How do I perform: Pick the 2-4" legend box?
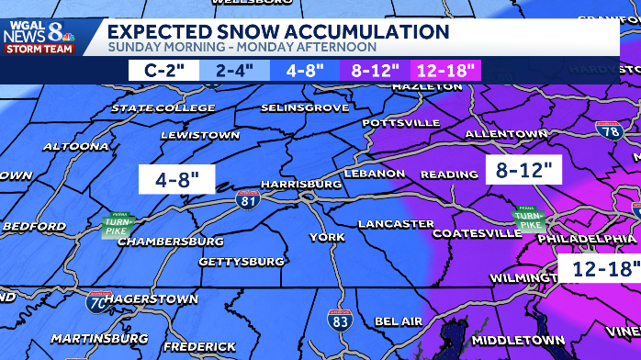point(235,69)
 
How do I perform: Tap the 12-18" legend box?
point(445,69)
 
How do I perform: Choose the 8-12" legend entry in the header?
point(376,69)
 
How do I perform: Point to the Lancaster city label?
point(396,223)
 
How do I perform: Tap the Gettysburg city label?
point(242,262)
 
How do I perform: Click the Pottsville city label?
point(401,122)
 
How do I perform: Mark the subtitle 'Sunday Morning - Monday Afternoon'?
point(242,48)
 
